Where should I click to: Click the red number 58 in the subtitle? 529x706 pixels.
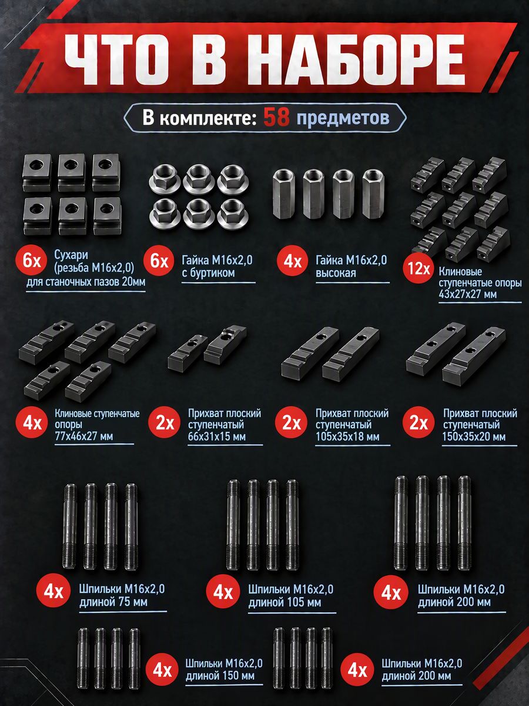[x=276, y=118]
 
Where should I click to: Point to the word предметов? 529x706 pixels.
[x=343, y=118]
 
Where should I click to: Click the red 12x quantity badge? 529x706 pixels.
[x=418, y=268]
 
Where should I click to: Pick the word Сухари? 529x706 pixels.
[x=71, y=255]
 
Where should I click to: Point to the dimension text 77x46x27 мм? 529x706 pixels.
[x=84, y=436]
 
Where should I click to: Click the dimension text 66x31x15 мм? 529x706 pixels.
[x=217, y=437]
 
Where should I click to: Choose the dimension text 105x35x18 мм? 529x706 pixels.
[x=347, y=437]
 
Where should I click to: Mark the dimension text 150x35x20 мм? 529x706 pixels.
[x=474, y=437]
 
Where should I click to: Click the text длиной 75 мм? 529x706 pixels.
[x=113, y=602]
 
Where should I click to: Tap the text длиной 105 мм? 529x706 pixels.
[x=284, y=602]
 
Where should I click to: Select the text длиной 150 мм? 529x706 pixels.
[x=220, y=676]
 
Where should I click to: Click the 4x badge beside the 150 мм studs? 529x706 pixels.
[x=163, y=671]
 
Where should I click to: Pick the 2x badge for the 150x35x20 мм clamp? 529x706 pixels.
[x=418, y=422]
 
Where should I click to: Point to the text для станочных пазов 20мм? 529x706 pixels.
[x=86, y=282]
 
